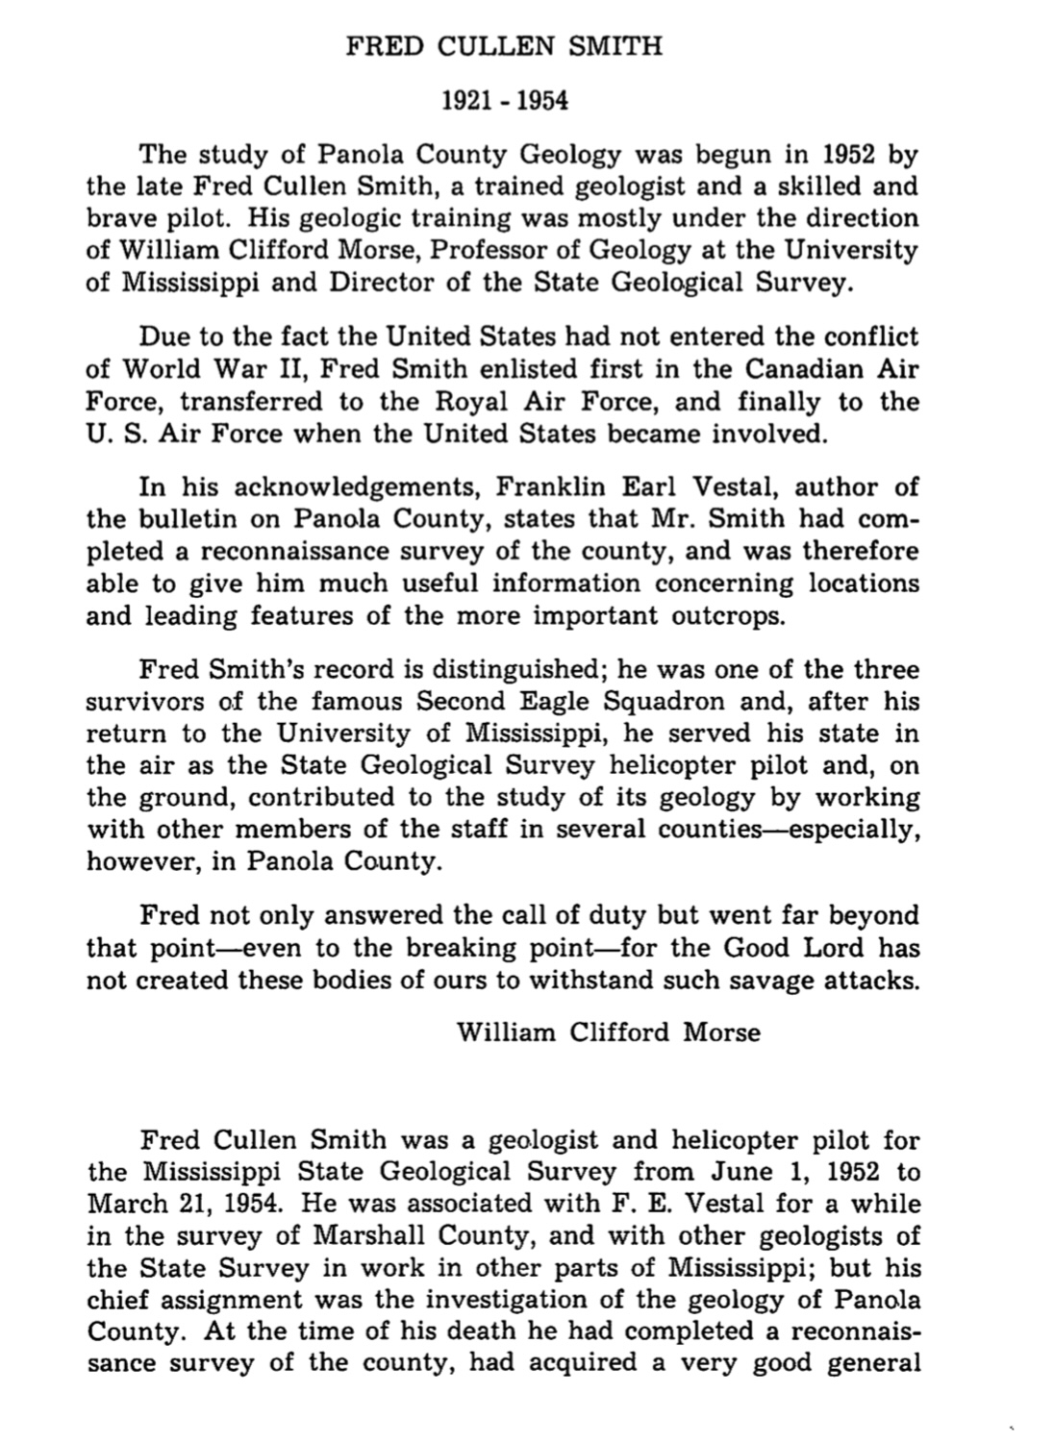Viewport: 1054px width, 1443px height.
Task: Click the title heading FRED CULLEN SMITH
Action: point(504,46)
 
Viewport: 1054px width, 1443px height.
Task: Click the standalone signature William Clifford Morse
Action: point(608,1032)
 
